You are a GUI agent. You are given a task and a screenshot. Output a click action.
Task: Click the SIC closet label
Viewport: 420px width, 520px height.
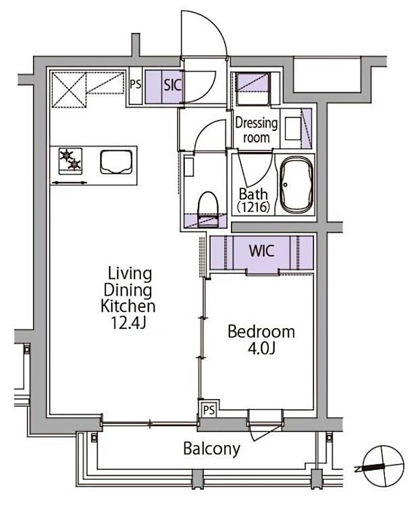[x=172, y=85]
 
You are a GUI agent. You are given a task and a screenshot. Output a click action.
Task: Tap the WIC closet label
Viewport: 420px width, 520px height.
[x=261, y=251]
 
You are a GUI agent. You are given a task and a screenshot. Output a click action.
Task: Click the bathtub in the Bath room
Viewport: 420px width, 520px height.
[x=296, y=185]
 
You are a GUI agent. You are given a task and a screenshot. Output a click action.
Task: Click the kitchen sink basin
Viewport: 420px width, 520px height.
[x=116, y=162]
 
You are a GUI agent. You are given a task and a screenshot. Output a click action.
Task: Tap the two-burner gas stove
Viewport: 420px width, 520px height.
[x=70, y=161]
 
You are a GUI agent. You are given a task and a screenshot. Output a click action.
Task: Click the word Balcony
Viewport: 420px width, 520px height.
[x=212, y=449]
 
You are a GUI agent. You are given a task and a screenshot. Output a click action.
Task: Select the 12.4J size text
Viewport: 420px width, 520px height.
[x=128, y=323]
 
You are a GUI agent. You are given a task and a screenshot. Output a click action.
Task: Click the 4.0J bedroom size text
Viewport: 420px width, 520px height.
[x=261, y=348]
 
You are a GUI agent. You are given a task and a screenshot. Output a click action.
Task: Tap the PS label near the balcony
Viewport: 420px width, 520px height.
[x=209, y=410]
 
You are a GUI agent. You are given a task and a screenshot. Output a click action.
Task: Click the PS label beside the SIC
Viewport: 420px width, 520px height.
[x=135, y=84]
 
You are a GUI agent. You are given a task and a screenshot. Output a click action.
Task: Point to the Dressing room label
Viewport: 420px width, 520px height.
[x=256, y=130]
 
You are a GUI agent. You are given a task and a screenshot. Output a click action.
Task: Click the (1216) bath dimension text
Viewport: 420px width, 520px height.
[x=253, y=207]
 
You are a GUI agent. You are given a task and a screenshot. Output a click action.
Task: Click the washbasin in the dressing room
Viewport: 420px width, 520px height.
[x=293, y=128]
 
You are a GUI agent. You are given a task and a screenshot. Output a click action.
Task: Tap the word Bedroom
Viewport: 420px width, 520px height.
[x=261, y=332]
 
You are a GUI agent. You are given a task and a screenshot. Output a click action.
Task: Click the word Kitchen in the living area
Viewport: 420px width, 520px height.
[x=128, y=306]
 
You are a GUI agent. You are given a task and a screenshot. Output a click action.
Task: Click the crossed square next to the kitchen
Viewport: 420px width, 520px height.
[x=69, y=90]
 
